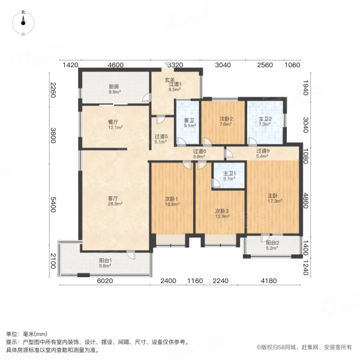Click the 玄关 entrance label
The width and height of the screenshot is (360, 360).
click(170, 80)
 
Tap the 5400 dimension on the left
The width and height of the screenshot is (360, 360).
click(53, 208)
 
